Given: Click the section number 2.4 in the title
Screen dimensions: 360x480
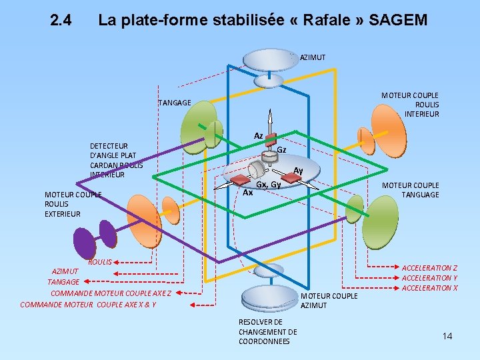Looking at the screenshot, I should tap(61, 21).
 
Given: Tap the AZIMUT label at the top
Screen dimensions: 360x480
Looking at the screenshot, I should tap(313, 57).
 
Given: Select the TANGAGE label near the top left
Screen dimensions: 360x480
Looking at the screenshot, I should tap(175, 103).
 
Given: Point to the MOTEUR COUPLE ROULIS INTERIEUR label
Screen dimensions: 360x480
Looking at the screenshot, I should tap(410, 105).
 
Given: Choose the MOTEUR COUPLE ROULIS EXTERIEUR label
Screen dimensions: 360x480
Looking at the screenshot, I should tap(71, 204).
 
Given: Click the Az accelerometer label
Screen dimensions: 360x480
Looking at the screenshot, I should tap(258, 136).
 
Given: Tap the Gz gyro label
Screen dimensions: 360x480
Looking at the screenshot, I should tap(281, 150).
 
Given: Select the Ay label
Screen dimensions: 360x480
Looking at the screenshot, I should tap(298, 171).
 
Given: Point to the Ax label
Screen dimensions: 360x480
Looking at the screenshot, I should tap(247, 193).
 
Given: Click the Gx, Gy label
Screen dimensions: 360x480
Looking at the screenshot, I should tap(269, 184).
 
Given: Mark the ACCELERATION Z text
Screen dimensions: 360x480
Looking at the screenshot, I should tap(429, 268).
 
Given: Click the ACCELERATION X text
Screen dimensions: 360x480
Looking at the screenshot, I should tap(429, 288).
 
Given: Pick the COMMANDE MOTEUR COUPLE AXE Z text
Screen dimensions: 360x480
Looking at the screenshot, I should tap(111, 293).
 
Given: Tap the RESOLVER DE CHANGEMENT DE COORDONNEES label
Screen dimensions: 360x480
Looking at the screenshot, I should tap(267, 331).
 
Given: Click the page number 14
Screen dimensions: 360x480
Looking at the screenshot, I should tap(447, 336).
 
